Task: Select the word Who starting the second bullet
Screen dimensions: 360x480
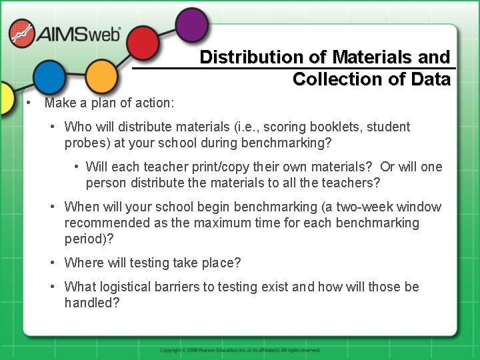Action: [78, 127]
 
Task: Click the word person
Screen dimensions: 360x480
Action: [107, 183]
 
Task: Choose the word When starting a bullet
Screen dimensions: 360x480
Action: [81, 207]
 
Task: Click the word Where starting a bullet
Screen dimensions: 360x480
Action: [83, 263]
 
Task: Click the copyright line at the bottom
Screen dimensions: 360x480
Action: [240, 350]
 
